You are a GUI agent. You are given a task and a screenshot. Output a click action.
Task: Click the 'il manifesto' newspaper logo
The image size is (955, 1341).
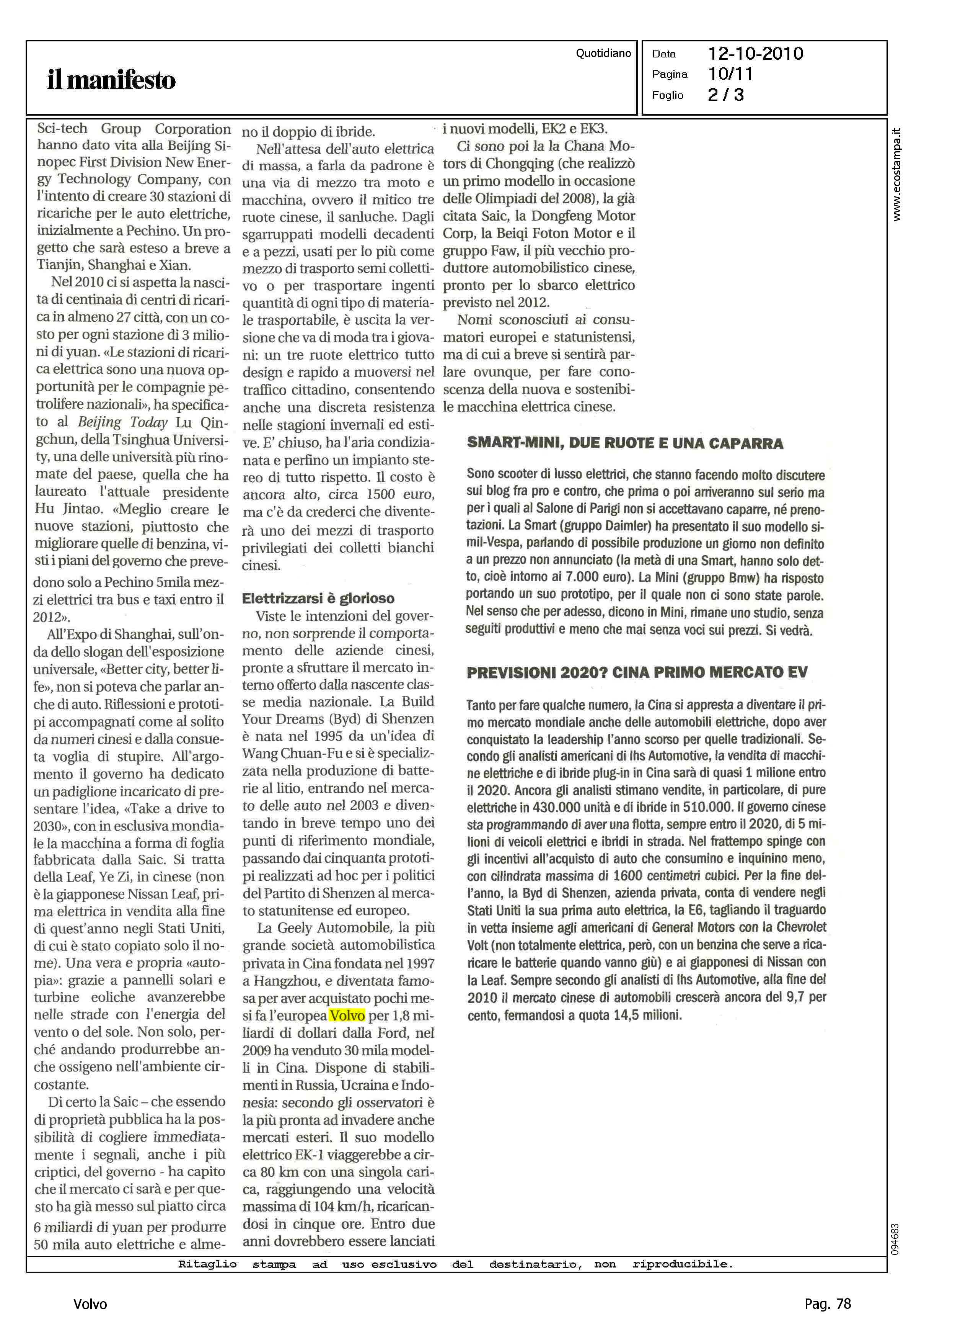point(111,80)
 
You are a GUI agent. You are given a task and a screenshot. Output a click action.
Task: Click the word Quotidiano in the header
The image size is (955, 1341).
point(603,53)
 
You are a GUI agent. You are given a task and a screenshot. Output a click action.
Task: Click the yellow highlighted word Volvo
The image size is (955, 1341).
point(347,1016)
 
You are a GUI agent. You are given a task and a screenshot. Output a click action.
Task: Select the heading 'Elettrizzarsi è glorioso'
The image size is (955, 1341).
point(318,599)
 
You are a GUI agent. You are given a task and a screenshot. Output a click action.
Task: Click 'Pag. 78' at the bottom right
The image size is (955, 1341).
point(827,1304)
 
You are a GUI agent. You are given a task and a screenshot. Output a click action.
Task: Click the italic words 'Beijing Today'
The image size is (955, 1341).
point(123,422)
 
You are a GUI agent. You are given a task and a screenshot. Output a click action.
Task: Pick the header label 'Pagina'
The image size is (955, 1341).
point(669,74)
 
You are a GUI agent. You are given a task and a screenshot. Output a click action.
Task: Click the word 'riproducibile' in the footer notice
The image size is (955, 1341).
point(682,1264)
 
